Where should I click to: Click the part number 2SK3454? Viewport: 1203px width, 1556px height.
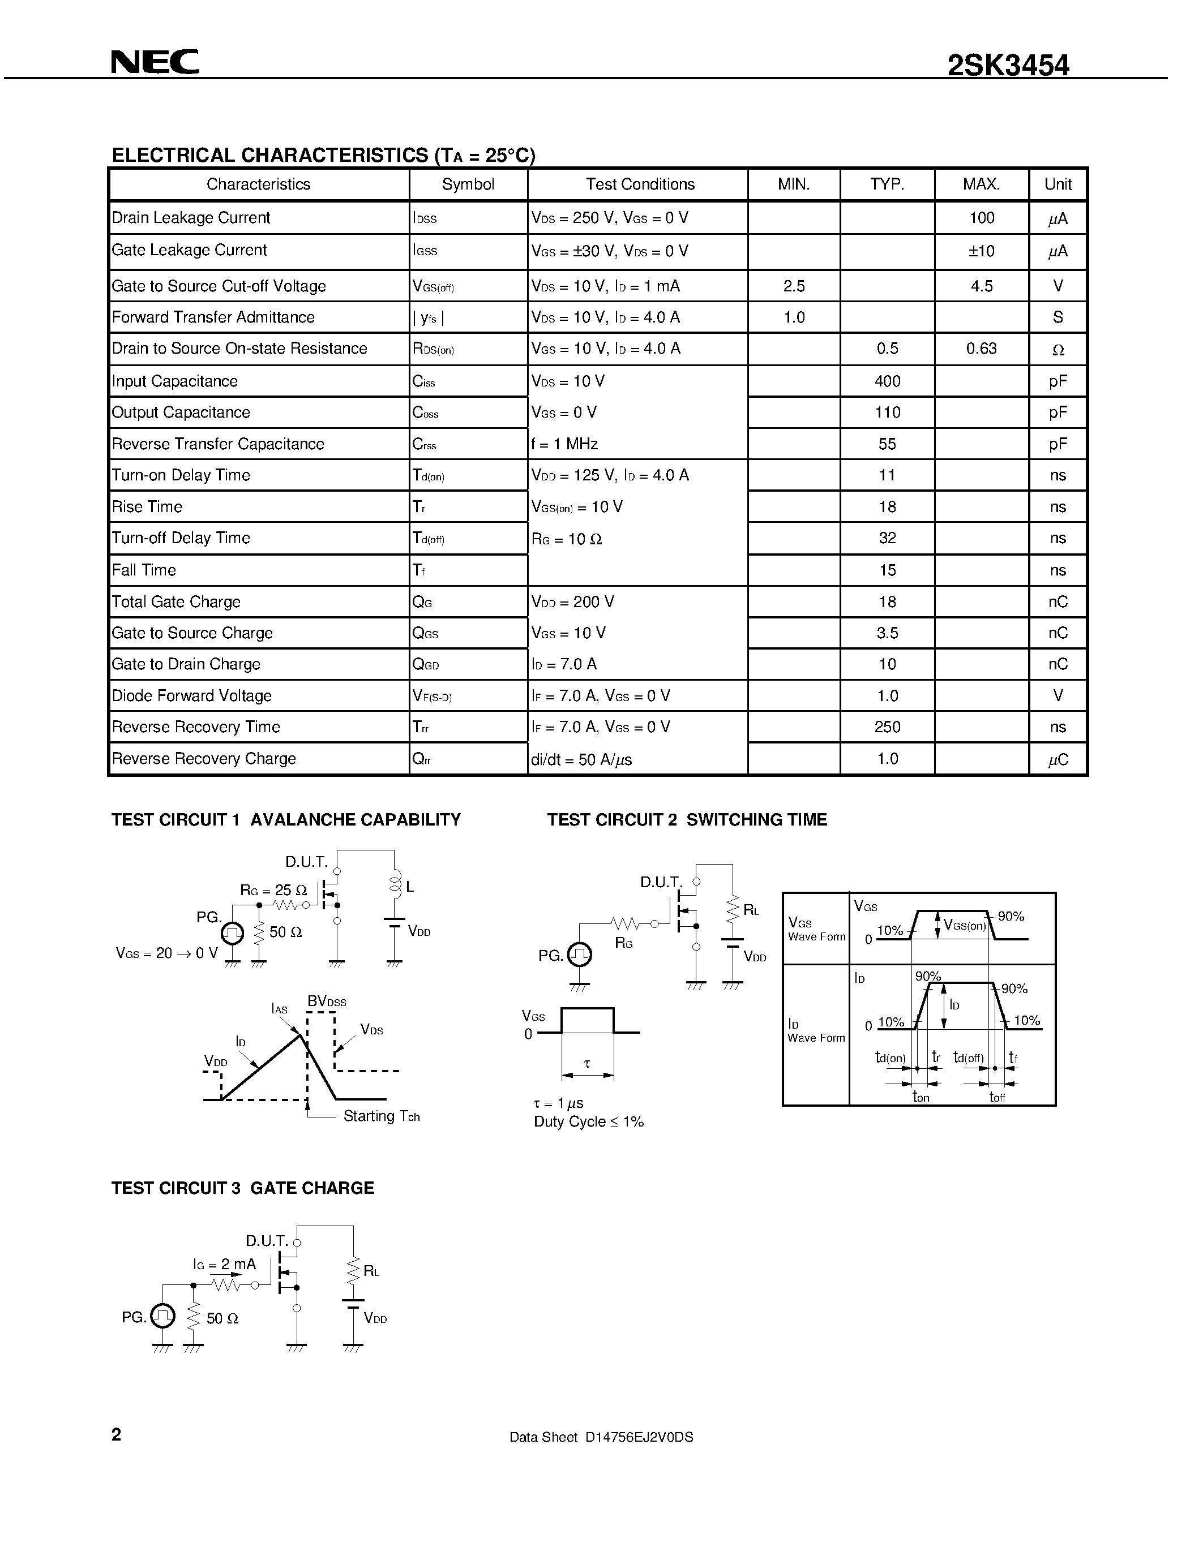(x=1008, y=66)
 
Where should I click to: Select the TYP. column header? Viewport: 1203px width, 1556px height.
(x=887, y=184)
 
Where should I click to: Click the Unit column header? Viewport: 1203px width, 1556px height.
(x=1058, y=184)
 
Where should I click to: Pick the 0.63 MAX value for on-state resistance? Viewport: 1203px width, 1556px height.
(x=981, y=349)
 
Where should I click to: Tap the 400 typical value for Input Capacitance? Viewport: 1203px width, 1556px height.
(x=887, y=381)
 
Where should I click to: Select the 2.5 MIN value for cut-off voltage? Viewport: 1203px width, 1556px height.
(x=793, y=286)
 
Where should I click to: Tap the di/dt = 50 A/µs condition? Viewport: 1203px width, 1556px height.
(x=581, y=759)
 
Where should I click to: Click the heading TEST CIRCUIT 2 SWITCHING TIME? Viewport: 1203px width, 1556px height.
(x=686, y=820)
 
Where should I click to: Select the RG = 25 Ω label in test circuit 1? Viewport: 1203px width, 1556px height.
(x=273, y=890)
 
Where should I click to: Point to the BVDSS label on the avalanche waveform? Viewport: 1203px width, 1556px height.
(x=327, y=1001)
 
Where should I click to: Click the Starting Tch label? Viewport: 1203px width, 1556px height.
(x=382, y=1116)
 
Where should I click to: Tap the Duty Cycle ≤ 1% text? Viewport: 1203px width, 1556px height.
(x=588, y=1122)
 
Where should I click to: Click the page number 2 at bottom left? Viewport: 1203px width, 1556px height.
(x=117, y=1435)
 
